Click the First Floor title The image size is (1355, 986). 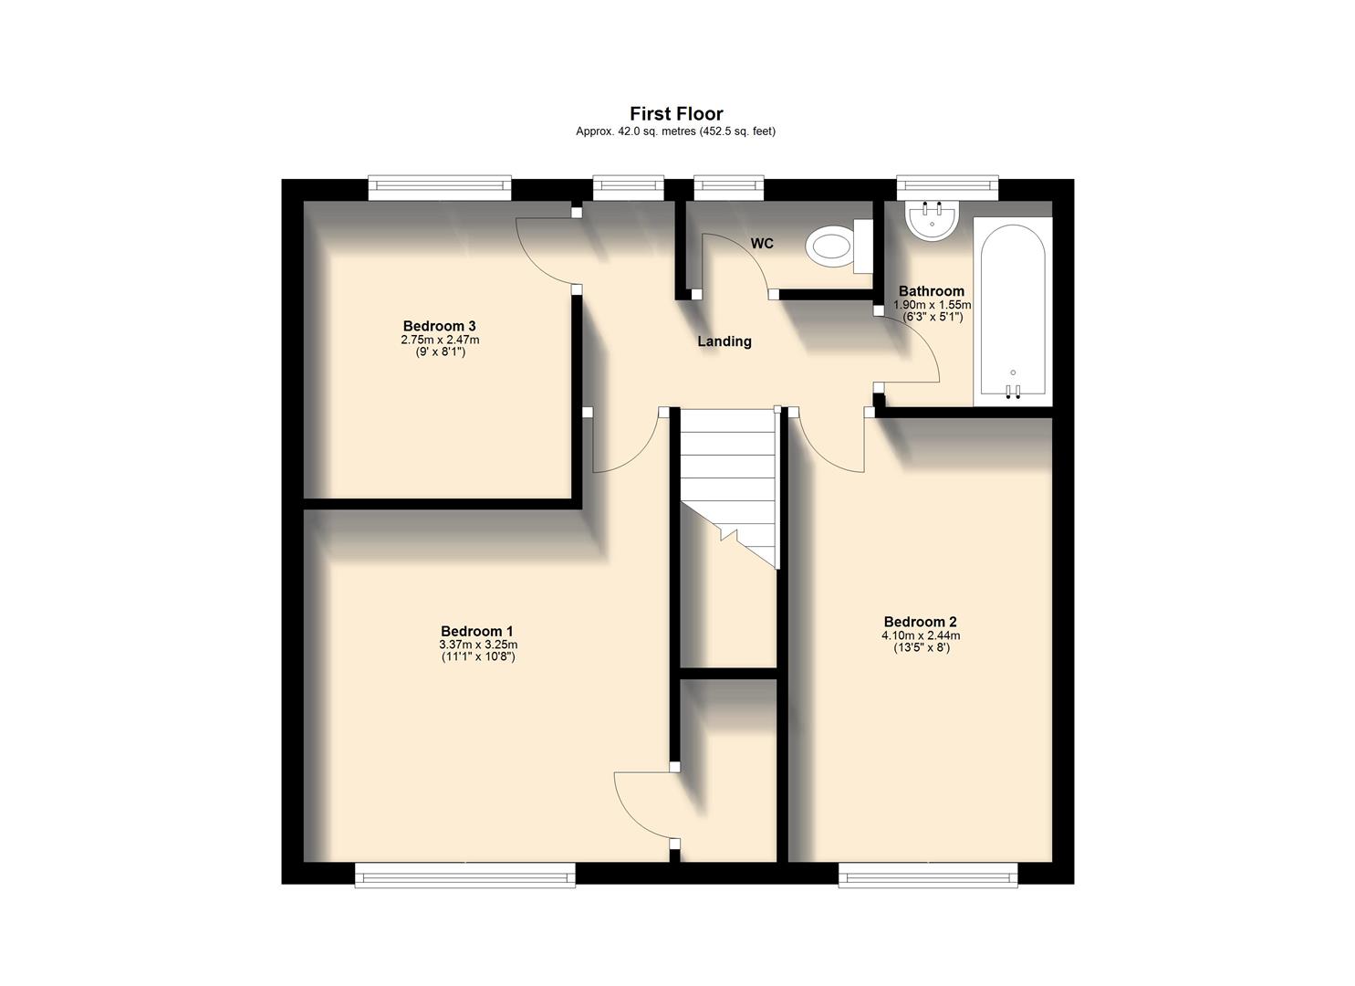676,114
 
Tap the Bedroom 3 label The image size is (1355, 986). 440,326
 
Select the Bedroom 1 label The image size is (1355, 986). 477,631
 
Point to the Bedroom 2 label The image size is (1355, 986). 920,623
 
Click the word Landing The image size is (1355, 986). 724,341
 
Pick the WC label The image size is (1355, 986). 762,244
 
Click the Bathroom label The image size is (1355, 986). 931,292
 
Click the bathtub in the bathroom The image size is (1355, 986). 1013,310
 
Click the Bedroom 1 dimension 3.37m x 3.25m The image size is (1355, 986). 477,645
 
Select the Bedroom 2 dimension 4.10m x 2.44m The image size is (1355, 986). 920,636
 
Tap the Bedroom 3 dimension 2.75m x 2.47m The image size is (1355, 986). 440,340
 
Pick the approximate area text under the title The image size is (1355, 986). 675,131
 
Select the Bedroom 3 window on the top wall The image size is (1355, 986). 440,188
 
